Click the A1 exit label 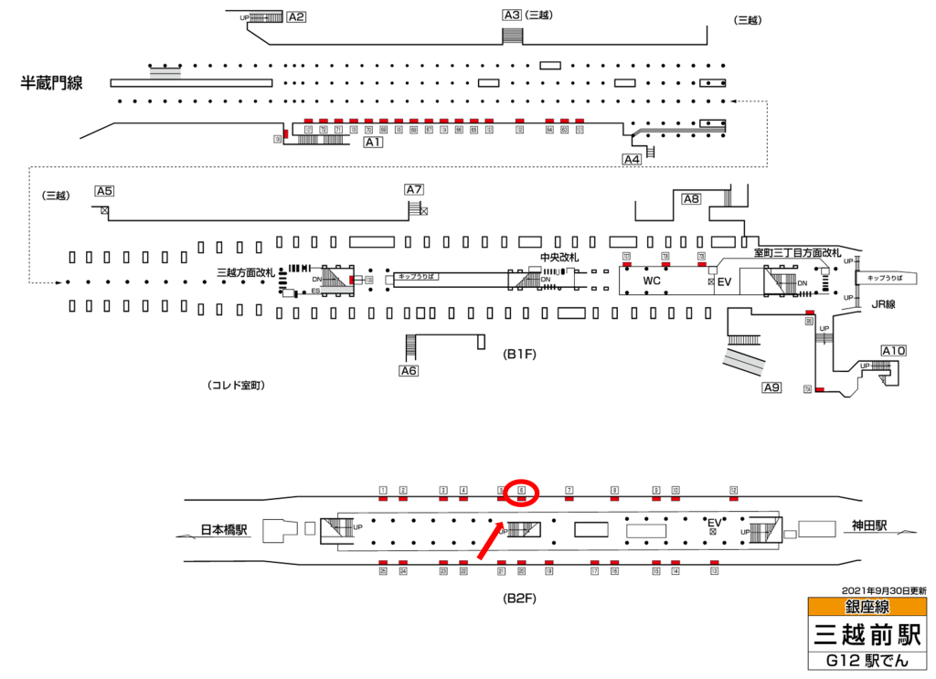click(x=373, y=143)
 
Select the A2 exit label click(x=296, y=16)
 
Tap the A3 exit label click(x=512, y=15)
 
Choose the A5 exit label click(x=104, y=191)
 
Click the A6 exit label click(x=409, y=370)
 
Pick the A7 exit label click(x=414, y=190)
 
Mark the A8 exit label click(x=691, y=199)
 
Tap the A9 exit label click(x=772, y=387)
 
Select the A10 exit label click(x=893, y=351)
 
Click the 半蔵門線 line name click(x=52, y=84)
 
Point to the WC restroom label click(x=652, y=281)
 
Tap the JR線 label click(x=881, y=304)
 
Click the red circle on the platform click(x=522, y=493)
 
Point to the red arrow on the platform click(x=489, y=541)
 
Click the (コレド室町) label click(x=236, y=387)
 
